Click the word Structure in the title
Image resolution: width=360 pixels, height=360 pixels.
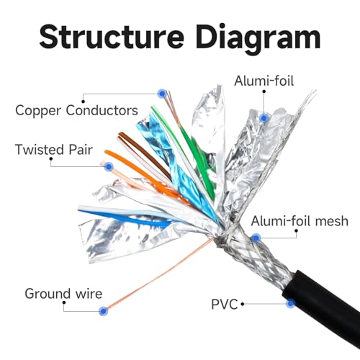112,37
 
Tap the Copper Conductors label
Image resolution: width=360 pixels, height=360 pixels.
76,110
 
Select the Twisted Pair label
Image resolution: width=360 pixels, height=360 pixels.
54,150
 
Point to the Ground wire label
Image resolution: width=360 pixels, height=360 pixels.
63,294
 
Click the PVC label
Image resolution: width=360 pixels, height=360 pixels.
225,305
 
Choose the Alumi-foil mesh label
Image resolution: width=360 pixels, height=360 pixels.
300,221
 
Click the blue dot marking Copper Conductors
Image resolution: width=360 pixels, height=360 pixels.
163,94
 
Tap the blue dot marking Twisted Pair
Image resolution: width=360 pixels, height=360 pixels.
109,166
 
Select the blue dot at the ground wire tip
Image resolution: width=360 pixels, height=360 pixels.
104,311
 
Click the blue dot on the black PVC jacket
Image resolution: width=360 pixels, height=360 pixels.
291,303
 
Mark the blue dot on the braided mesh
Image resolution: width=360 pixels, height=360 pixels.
256,238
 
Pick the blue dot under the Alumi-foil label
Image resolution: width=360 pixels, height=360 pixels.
264,118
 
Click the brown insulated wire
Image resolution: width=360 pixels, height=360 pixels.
144,153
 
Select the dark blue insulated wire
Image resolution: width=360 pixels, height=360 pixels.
125,218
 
